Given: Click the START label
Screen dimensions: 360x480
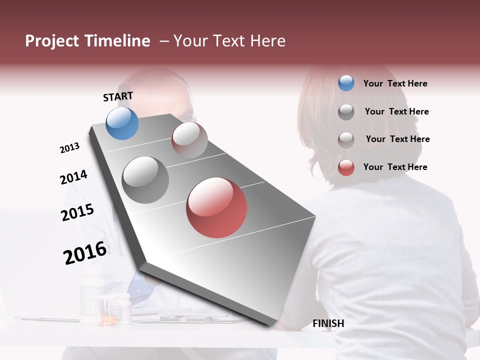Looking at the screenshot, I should click(x=118, y=96).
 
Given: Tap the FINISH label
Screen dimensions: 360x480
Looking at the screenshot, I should click(x=328, y=323).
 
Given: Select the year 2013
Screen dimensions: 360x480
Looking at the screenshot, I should click(x=69, y=148).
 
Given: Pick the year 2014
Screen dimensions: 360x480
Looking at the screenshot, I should click(x=73, y=177).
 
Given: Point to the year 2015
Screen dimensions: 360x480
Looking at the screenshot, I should click(x=77, y=212).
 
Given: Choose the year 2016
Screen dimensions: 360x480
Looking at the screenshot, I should click(x=85, y=253).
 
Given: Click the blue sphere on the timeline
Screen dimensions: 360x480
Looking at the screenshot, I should click(x=122, y=123).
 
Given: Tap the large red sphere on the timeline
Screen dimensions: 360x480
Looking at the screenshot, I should click(x=216, y=207).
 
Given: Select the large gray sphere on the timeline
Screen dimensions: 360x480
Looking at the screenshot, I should click(x=145, y=180).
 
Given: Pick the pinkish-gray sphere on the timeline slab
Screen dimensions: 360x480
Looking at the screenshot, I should click(x=189, y=140).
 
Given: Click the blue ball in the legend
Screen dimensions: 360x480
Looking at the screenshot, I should click(x=346, y=83).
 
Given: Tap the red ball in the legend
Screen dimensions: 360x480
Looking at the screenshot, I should click(x=346, y=167).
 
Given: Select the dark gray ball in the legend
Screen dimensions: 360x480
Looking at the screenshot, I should click(x=346, y=112).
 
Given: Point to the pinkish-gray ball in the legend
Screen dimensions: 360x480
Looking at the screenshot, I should click(x=346, y=139).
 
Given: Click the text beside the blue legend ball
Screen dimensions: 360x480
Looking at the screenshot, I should click(x=395, y=84).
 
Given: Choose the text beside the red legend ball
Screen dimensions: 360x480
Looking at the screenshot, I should click(x=395, y=167).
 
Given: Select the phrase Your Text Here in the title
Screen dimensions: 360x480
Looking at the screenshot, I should click(x=229, y=41).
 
